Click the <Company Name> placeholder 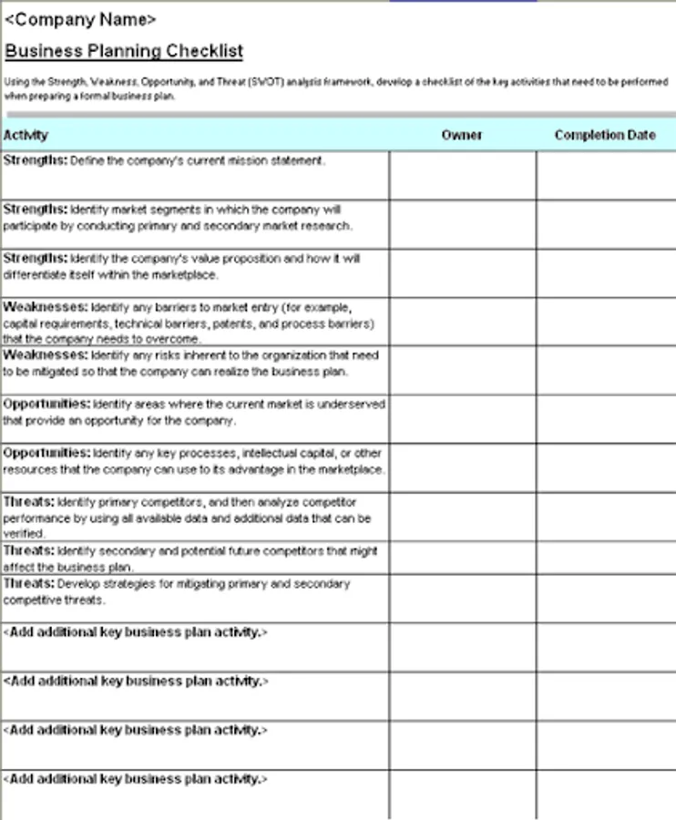pyautogui.click(x=80, y=19)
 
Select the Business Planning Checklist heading pyautogui.click(x=124, y=51)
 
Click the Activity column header pyautogui.click(x=26, y=135)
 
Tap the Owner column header pyautogui.click(x=462, y=135)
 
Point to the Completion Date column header pyautogui.click(x=605, y=135)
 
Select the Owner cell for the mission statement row pyautogui.click(x=462, y=175)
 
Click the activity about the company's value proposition pyautogui.click(x=182, y=266)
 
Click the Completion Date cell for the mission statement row pyautogui.click(x=605, y=175)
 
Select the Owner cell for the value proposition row pyautogui.click(x=462, y=273)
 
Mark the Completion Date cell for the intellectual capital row pyautogui.click(x=605, y=468)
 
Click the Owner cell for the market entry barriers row pyautogui.click(x=462, y=322)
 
